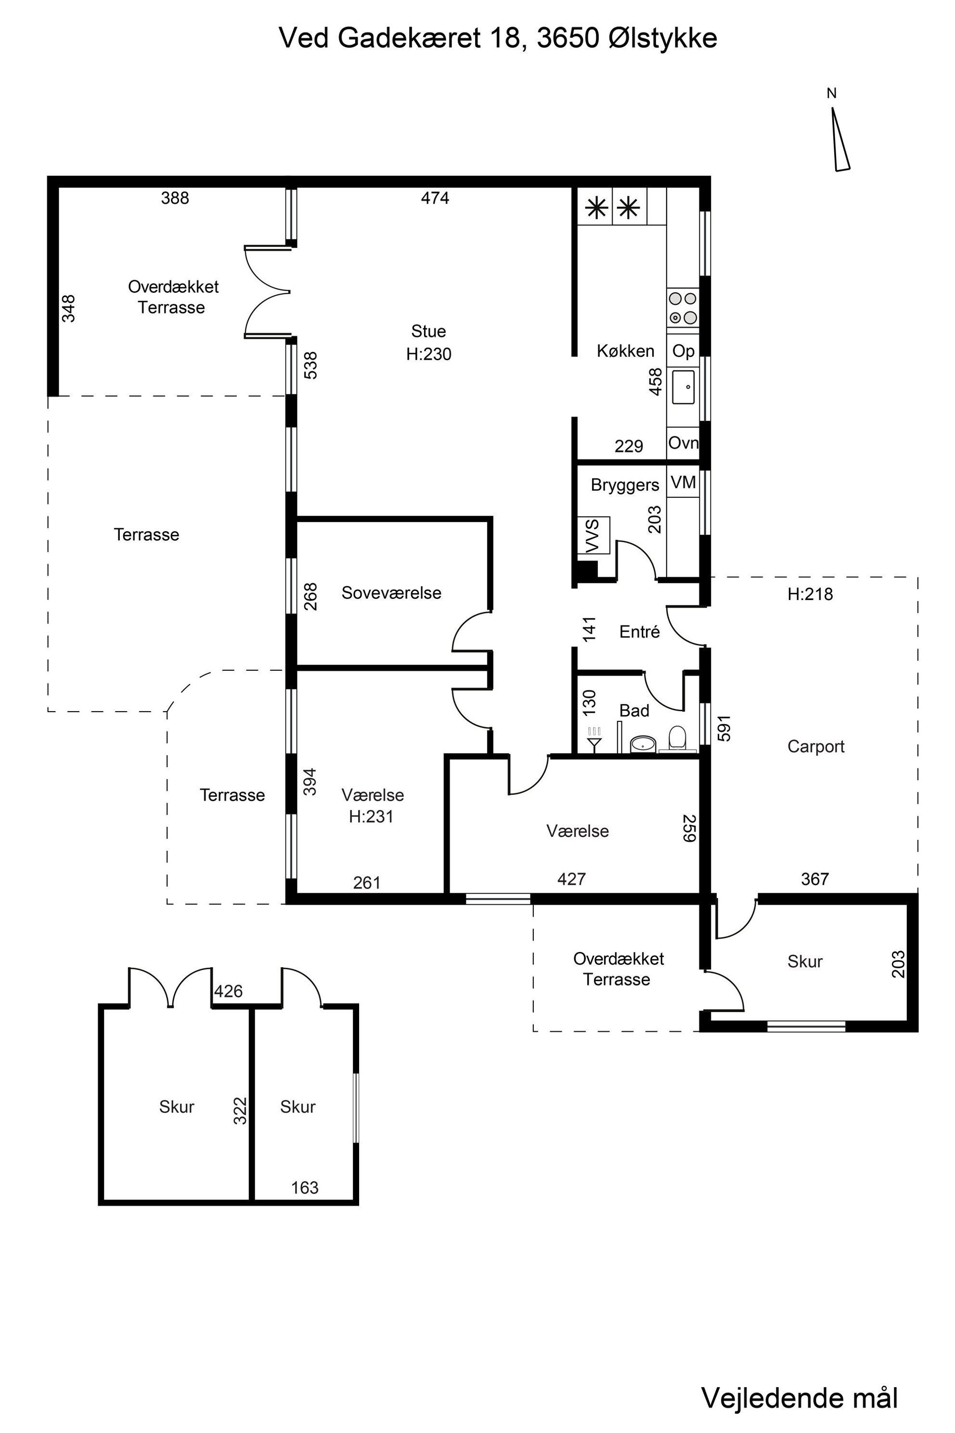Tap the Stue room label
coord(428,331)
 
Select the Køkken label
coord(625,351)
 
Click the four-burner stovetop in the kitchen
coord(683,308)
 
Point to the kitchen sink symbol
coord(683,387)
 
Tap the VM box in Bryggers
coord(683,482)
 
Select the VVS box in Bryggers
coord(593,535)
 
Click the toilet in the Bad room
coord(677,739)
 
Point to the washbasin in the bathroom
coord(643,743)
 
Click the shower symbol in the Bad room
coord(594,739)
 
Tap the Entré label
coord(640,632)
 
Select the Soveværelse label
coord(391,593)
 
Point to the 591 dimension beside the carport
coord(723,728)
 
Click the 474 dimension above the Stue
coord(435,198)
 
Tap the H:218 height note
coord(810,594)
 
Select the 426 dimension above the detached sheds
coord(228,991)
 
